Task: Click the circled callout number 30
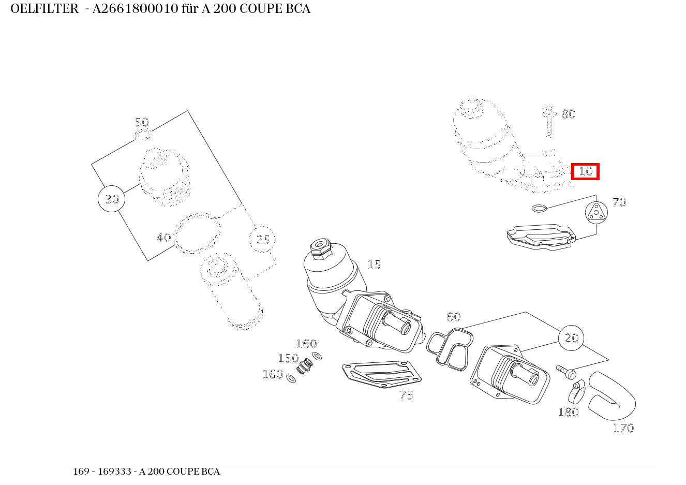click(x=112, y=199)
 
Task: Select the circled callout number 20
click(x=571, y=338)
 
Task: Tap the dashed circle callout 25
click(x=263, y=239)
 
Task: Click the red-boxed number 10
click(x=585, y=171)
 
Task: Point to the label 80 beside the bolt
click(x=569, y=114)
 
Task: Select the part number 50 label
click(x=142, y=122)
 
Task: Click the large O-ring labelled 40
click(x=197, y=234)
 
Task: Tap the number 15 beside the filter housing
click(x=374, y=264)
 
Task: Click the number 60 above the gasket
click(x=453, y=317)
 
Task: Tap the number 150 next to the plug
click(x=288, y=358)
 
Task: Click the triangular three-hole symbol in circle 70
click(x=596, y=213)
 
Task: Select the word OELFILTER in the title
click(x=44, y=9)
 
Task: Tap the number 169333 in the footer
click(x=112, y=472)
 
